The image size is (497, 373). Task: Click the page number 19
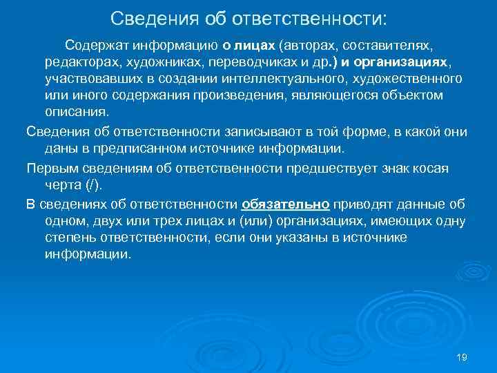point(462,357)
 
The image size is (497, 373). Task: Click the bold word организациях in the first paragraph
point(400,62)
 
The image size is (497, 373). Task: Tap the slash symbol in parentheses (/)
point(90,185)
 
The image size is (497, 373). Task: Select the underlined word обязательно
point(286,204)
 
